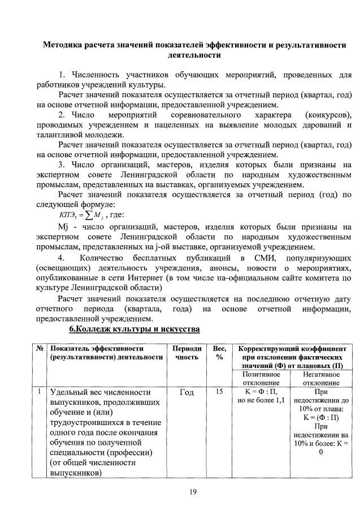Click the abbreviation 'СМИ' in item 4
pyautogui.click(x=246, y=258)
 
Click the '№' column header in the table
pyautogui.click(x=40, y=349)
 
